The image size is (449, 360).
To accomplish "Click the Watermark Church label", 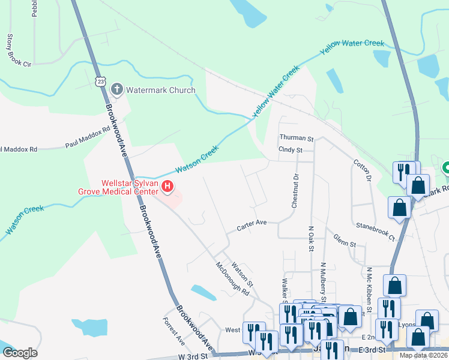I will tap(160, 91).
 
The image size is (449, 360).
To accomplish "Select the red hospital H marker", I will tap(168, 188).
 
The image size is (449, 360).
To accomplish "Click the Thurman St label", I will tap(297, 139).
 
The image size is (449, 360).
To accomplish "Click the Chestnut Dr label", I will tap(295, 191).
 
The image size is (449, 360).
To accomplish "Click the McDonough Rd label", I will tap(233, 279).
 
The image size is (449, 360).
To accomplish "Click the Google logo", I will tap(20, 353).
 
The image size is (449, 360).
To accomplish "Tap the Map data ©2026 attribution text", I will tap(424, 355).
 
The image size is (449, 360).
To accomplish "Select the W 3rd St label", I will tap(192, 356).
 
